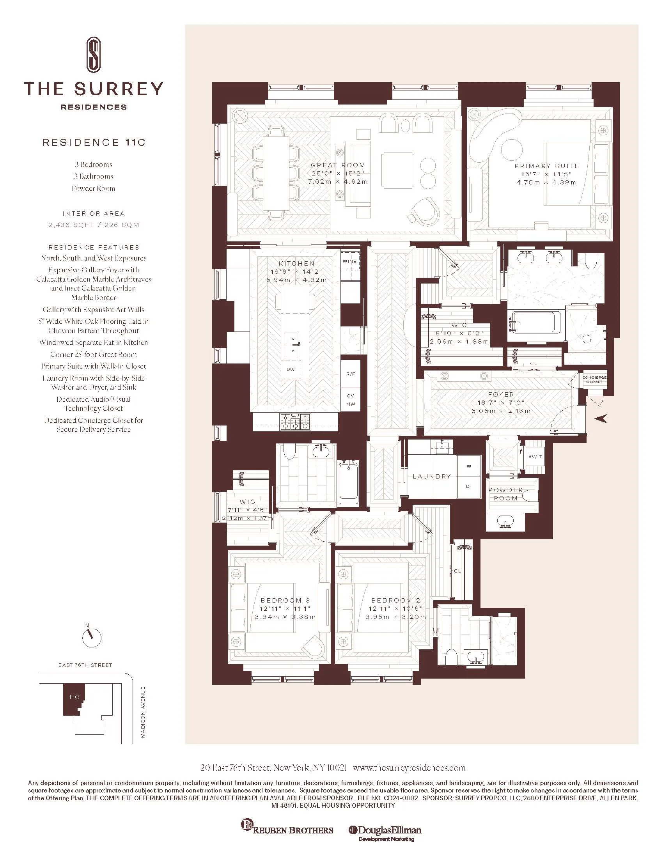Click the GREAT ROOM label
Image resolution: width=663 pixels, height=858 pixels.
[x=338, y=165]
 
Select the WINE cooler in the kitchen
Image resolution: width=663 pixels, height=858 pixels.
[x=349, y=261]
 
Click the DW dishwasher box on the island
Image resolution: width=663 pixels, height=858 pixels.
[x=291, y=369]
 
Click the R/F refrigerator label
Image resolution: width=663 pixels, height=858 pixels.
[x=350, y=374]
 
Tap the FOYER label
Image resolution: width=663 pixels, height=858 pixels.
[x=501, y=394]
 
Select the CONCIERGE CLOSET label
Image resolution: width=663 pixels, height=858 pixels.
[x=594, y=379]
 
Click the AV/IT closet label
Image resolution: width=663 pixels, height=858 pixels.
[x=535, y=457]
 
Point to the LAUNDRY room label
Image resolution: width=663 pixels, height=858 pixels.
[x=432, y=476]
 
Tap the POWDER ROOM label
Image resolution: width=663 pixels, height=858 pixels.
[x=506, y=494]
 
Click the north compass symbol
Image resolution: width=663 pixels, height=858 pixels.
[x=92, y=638]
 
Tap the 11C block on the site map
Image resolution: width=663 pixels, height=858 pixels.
[x=73, y=697]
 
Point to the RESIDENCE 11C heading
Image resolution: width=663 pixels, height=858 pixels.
[x=94, y=142]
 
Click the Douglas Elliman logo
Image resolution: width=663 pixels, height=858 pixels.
[x=385, y=830]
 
